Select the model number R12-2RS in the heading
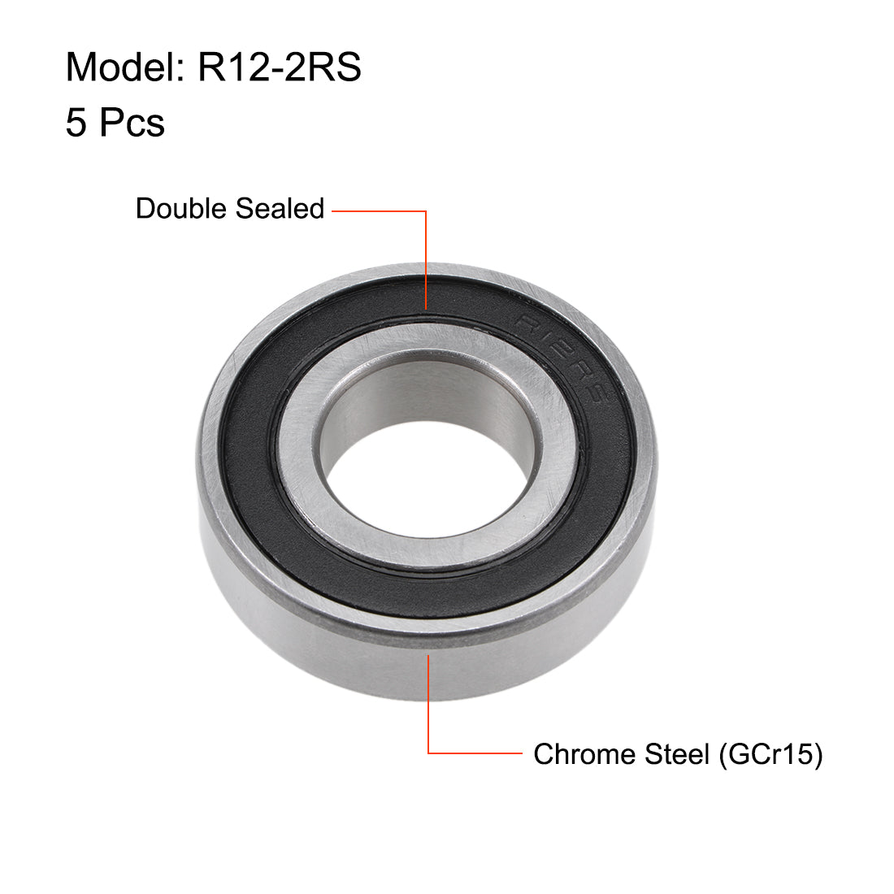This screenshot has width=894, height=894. [279, 67]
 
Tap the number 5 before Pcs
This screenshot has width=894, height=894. [76, 123]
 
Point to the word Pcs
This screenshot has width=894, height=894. [132, 123]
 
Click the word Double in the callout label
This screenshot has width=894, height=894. [181, 209]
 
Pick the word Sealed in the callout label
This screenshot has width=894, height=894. [279, 209]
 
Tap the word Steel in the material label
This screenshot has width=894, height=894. [677, 754]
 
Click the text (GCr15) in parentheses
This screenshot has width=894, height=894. [770, 754]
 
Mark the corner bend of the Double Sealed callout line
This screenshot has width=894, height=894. [426, 211]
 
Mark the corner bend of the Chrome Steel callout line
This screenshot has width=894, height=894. [428, 753]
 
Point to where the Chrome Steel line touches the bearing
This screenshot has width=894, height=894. [428, 655]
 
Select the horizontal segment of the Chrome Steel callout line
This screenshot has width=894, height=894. [475, 753]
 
